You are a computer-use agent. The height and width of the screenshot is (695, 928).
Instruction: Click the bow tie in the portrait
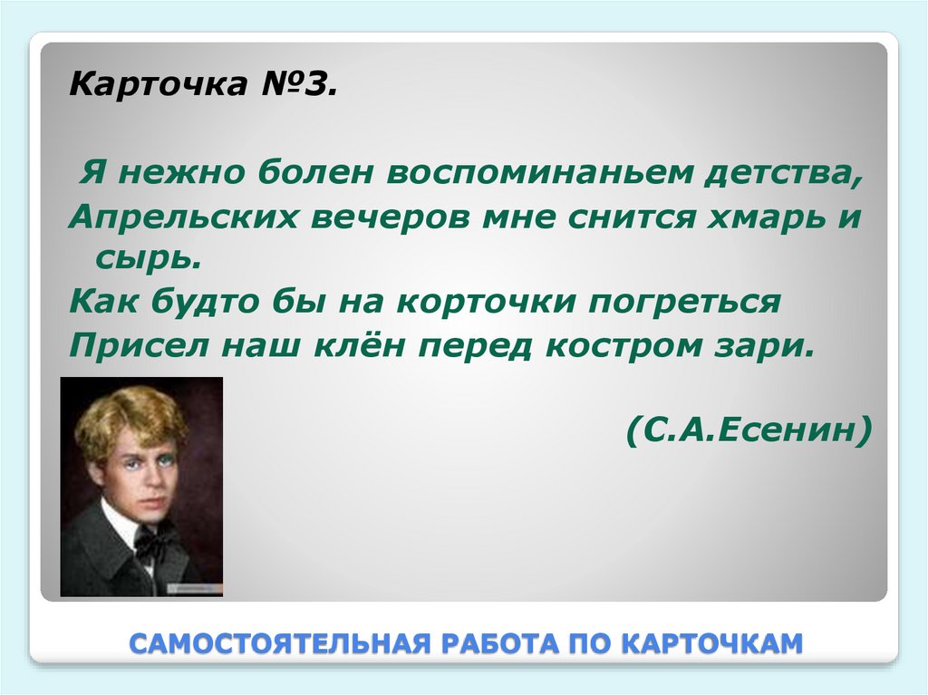point(155,541)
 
